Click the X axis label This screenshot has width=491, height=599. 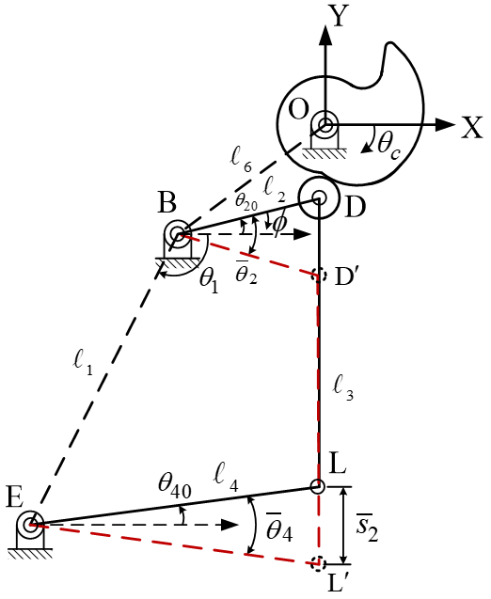pos(471,128)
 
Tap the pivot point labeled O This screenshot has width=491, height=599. pos(325,125)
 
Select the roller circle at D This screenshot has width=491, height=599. pos(318,198)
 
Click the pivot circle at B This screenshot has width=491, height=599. pos(176,233)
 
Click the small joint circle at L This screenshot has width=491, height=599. pos(318,487)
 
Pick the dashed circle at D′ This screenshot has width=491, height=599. pos(318,276)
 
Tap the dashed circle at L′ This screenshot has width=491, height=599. pos(318,564)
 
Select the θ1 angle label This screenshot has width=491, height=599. pos(208,280)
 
